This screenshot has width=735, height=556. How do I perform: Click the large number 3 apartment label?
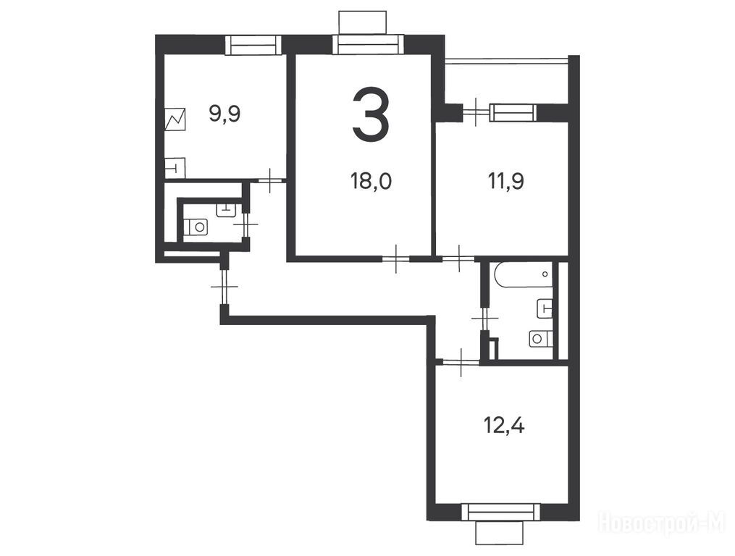(x=371, y=114)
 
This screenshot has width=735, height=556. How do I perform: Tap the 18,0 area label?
(x=371, y=181)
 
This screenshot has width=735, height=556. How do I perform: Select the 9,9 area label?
(x=225, y=114)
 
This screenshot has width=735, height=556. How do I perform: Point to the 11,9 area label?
(x=506, y=181)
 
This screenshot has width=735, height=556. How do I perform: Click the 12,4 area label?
(x=504, y=426)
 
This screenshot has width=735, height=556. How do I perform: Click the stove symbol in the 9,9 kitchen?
(x=175, y=119)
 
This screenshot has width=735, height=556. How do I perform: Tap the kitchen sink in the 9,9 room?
(x=175, y=167)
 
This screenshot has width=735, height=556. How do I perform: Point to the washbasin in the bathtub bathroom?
(x=545, y=308)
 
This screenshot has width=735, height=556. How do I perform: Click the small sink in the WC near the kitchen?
(x=226, y=209)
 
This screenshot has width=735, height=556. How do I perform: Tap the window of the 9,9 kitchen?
(x=253, y=46)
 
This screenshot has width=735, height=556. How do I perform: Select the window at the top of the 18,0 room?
(x=369, y=46)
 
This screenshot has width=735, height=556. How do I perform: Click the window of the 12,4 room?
(x=500, y=511)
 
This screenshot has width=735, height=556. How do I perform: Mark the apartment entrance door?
(x=224, y=286)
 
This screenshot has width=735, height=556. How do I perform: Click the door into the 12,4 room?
(x=461, y=361)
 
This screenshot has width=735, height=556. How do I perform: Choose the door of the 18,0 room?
(x=396, y=258)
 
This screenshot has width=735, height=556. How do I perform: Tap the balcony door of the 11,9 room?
(x=476, y=112)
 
